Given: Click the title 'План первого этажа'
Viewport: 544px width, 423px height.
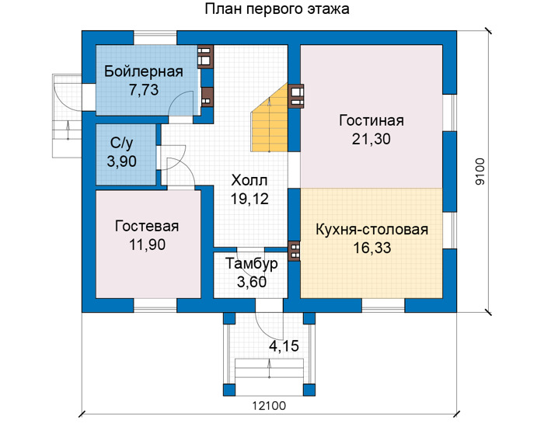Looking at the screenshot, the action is click(277, 9).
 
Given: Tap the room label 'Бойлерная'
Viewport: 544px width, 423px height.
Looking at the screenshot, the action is click(144, 71).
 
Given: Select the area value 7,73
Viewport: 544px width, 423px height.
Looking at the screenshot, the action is click(144, 90).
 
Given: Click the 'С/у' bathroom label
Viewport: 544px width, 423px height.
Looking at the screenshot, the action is click(121, 143).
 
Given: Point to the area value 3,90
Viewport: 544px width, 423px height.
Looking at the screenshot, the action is click(121, 161).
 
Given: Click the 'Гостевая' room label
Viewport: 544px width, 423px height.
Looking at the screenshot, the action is click(147, 227).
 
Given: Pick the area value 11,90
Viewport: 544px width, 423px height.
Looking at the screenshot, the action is click(147, 245).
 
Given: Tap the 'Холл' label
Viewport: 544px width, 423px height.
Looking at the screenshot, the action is click(249, 181).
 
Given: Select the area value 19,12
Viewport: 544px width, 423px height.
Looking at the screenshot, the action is click(249, 199).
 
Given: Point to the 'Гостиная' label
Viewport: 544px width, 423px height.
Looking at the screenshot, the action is click(371, 120).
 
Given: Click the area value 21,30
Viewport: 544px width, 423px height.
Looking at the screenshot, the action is click(371, 139).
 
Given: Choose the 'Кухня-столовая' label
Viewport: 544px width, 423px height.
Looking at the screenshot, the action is click(371, 230).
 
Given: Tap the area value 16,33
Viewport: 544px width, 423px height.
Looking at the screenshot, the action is click(372, 248).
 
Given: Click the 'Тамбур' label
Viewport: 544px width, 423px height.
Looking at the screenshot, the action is click(252, 264).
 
